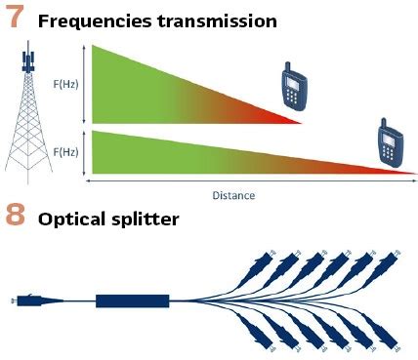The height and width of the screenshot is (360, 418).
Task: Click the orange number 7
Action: tap(15, 18)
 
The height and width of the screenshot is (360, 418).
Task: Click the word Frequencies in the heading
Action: tap(95, 21)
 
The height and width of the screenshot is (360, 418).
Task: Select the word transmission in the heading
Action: tap(217, 21)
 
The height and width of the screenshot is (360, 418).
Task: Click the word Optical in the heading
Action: tap(72, 220)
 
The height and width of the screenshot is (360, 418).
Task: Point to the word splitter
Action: tap(145, 219)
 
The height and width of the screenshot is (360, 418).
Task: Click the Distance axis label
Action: tap(233, 195)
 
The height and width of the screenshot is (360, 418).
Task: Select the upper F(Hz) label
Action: tap(66, 84)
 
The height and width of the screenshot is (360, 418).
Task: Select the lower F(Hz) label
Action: tap(66, 152)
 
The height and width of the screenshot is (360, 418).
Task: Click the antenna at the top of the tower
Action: tap(28, 59)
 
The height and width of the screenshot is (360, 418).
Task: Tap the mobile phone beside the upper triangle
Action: tap(294, 86)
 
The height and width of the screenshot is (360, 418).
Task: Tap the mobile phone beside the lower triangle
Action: tap(391, 143)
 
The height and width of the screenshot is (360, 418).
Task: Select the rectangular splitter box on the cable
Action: tap(133, 301)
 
